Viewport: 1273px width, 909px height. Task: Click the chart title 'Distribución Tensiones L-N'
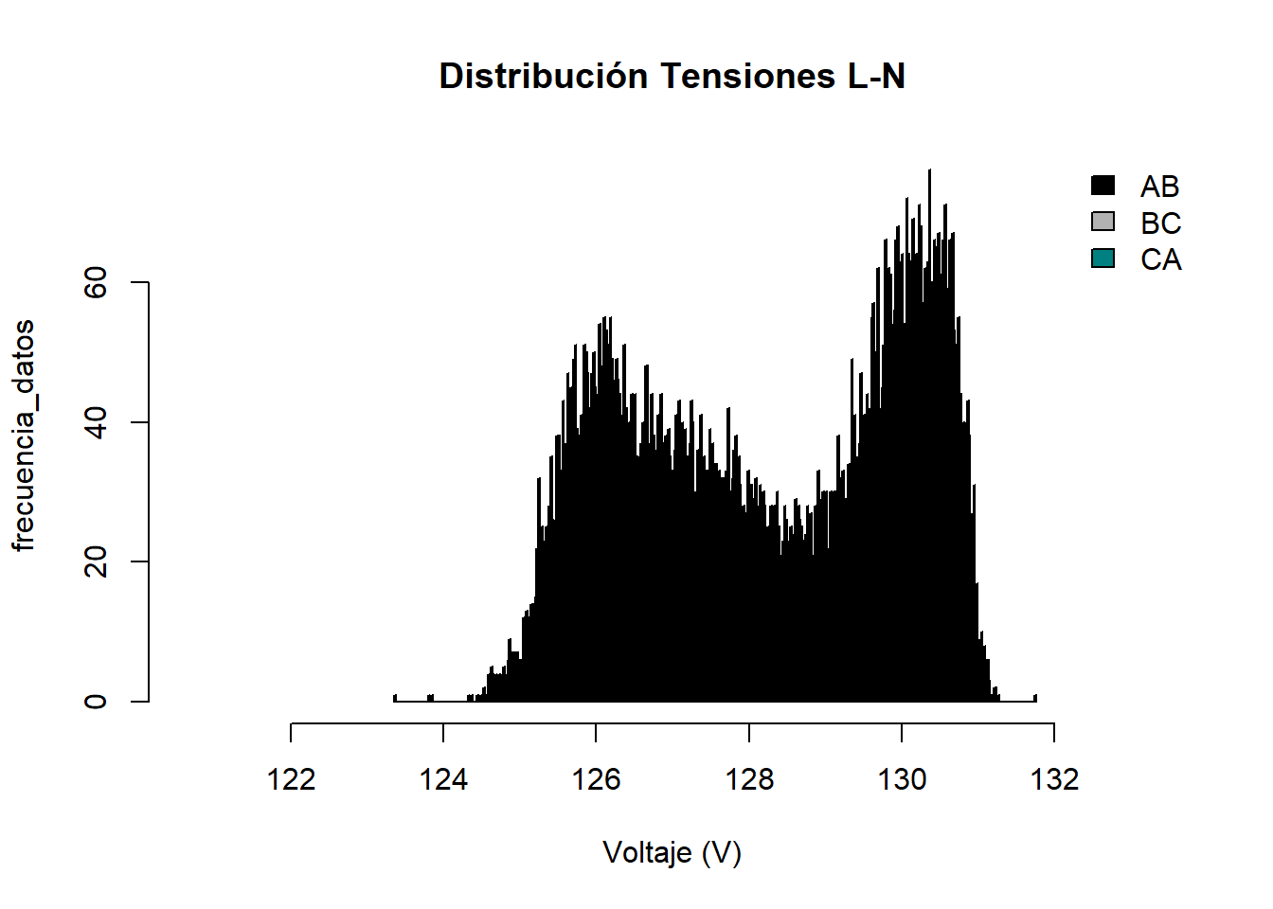click(672, 76)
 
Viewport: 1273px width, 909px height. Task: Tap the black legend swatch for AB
click(1103, 186)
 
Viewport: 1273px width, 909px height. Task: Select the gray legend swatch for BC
click(1103, 222)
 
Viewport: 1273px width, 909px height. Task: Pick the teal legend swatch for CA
click(1103, 258)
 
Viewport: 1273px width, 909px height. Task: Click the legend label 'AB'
click(1159, 187)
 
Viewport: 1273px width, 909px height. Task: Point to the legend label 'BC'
click(1160, 223)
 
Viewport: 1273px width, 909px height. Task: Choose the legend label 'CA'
click(1160, 259)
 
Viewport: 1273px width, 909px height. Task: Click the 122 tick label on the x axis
click(291, 779)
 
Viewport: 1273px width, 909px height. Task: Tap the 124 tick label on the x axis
click(443, 779)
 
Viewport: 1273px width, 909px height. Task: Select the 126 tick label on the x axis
click(596, 779)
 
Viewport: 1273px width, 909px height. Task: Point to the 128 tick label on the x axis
click(749, 779)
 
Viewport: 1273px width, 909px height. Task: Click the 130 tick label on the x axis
click(902, 779)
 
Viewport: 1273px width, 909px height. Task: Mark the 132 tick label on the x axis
click(1054, 779)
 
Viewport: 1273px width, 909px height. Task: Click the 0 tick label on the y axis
click(96, 702)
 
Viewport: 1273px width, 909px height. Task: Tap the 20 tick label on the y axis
click(96, 561)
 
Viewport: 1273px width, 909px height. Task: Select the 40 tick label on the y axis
click(96, 422)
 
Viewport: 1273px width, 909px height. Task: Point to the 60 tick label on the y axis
click(96, 282)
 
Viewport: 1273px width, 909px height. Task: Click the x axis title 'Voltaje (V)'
click(672, 853)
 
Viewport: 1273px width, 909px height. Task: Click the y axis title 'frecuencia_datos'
click(24, 435)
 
